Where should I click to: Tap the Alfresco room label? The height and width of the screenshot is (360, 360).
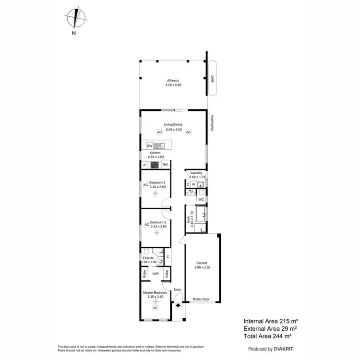[x=173, y=80]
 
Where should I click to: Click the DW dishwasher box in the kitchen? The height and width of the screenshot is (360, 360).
[x=149, y=145]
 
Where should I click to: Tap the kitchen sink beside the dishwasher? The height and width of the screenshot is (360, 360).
[x=159, y=145]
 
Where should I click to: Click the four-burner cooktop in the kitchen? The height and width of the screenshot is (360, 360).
[x=155, y=165]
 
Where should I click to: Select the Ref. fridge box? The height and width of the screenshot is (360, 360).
[x=165, y=165]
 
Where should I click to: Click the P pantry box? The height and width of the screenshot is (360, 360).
[x=144, y=165]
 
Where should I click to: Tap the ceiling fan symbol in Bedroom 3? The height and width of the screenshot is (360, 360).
[x=155, y=193]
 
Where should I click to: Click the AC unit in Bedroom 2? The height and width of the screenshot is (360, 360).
[x=146, y=224]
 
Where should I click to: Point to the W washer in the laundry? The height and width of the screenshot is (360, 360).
[x=193, y=184]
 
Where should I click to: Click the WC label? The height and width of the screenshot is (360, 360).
[x=202, y=199]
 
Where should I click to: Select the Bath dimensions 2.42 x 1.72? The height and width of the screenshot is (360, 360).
[x=192, y=219]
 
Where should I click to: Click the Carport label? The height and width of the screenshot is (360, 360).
[x=202, y=263]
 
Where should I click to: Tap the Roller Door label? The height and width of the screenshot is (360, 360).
[x=201, y=299]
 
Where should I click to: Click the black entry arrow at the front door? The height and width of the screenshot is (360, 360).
[x=178, y=305]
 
